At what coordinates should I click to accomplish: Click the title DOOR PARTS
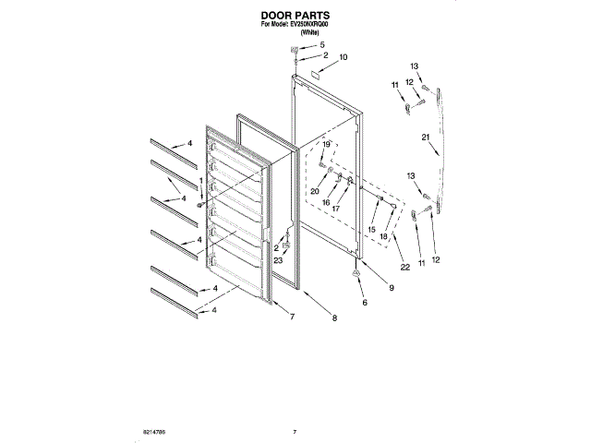[295, 16]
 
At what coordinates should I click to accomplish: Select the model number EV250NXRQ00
[310, 26]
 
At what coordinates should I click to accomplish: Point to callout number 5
[322, 45]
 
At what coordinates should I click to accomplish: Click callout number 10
[344, 57]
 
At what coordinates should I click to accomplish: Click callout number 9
[390, 289]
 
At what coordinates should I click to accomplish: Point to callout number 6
[363, 303]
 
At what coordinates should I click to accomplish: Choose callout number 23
[277, 261]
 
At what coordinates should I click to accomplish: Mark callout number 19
[326, 145]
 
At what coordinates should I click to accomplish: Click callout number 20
[314, 191]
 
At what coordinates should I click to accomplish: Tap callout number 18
[383, 237]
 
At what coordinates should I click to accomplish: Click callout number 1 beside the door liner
[200, 181]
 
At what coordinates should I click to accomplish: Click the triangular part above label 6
[356, 274]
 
